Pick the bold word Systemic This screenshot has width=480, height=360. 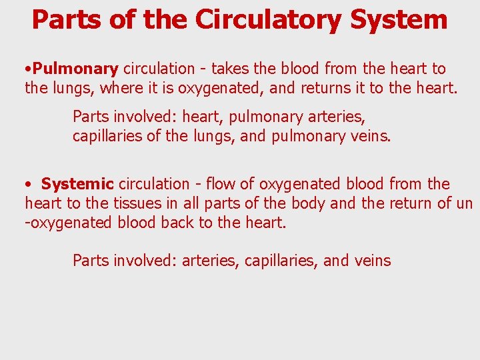[77, 184]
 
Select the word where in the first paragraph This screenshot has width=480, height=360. [119, 87]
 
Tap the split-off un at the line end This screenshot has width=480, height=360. [464, 203]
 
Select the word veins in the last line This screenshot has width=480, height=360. [373, 261]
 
